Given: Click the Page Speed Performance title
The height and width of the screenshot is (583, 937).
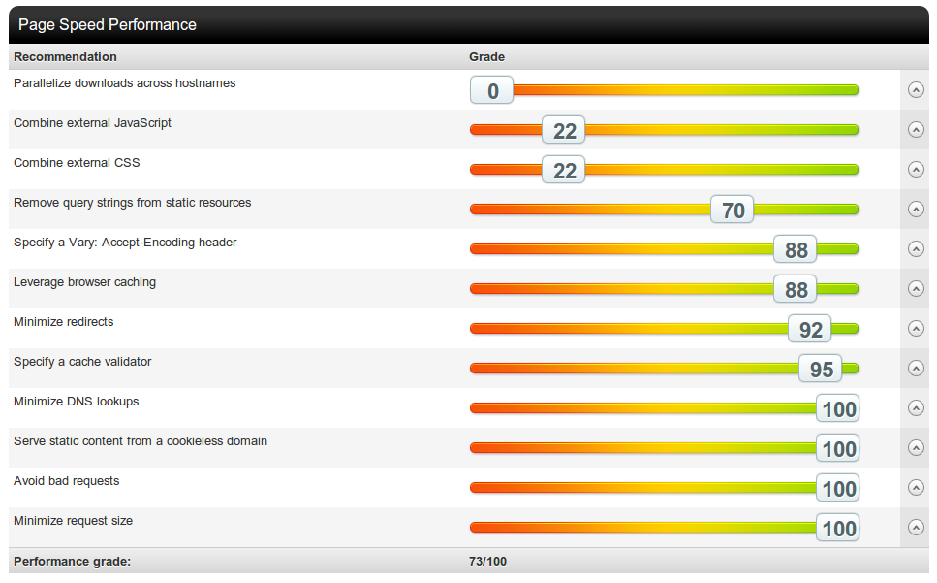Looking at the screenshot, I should pyautogui.click(x=107, y=24).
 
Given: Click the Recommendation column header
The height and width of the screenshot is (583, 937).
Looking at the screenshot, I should pyautogui.click(x=65, y=57).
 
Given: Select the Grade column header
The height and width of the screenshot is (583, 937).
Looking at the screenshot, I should pyautogui.click(x=486, y=57).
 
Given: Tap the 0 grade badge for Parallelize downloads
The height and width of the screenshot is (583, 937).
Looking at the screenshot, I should pyautogui.click(x=492, y=91).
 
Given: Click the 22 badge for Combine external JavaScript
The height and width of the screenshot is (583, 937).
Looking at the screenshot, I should pyautogui.click(x=564, y=131).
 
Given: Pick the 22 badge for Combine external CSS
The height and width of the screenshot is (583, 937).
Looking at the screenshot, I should pyautogui.click(x=564, y=171).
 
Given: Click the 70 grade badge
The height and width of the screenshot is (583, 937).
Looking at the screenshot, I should pyautogui.click(x=733, y=211).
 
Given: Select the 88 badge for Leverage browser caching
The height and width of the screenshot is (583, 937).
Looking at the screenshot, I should pyautogui.click(x=796, y=290).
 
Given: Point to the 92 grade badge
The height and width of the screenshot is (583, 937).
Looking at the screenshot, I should pyautogui.click(x=810, y=330).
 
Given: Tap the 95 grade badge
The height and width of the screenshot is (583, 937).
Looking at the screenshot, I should pyautogui.click(x=821, y=370).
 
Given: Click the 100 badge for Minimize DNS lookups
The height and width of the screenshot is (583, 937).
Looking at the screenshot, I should pyautogui.click(x=838, y=409).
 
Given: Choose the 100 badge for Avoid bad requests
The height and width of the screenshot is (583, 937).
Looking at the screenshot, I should pyautogui.click(x=838, y=489).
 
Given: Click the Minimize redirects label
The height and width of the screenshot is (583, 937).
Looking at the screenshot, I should pyautogui.click(x=63, y=322).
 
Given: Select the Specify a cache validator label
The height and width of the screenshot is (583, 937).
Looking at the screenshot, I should pyautogui.click(x=82, y=362).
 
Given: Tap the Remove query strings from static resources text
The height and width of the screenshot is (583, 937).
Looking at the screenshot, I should pyautogui.click(x=132, y=203).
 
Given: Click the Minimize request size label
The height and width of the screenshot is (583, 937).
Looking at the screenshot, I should pyautogui.click(x=73, y=521).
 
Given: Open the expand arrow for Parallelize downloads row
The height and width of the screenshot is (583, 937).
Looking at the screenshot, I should pyautogui.click(x=916, y=90).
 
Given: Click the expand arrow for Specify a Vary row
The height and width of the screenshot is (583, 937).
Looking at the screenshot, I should pyautogui.click(x=916, y=249).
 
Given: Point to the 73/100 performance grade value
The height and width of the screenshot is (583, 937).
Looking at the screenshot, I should pyautogui.click(x=487, y=562).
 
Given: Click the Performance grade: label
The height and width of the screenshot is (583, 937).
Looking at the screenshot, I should pyautogui.click(x=72, y=562).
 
